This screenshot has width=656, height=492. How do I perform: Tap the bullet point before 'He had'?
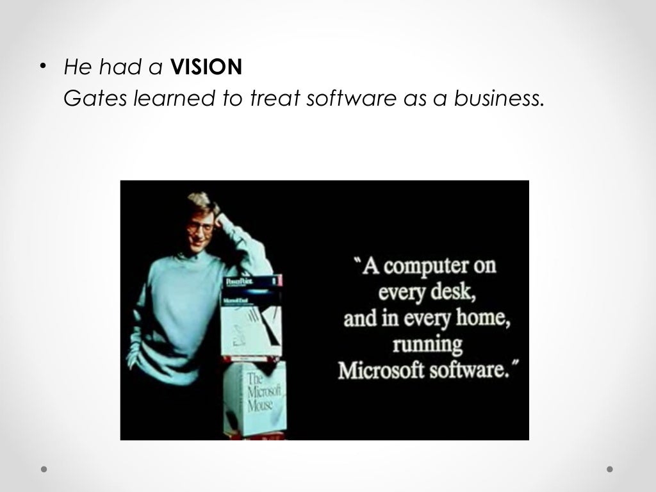click(x=43, y=67)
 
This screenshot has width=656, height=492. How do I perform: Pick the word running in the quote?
click(x=428, y=345)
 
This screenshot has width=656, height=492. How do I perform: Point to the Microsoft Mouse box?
click(x=254, y=395)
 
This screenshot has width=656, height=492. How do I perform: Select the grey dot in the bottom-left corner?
click(x=44, y=469)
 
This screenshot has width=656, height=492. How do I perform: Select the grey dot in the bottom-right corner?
click(x=610, y=469)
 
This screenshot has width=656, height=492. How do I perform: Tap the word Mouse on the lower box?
click(x=260, y=406)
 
